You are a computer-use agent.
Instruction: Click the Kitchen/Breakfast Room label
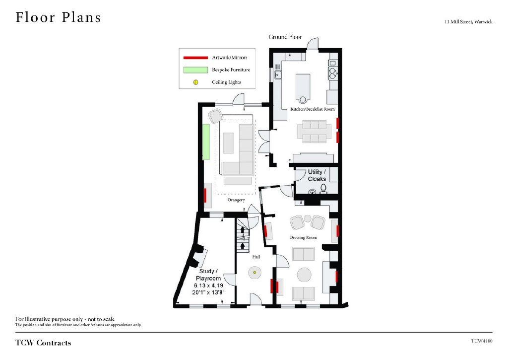(x=313, y=109)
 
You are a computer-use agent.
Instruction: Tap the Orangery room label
(x=236, y=200)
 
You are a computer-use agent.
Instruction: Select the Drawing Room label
(x=303, y=237)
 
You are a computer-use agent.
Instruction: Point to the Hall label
(x=256, y=257)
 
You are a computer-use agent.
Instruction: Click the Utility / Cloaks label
(x=317, y=175)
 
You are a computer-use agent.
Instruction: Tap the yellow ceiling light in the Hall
(x=254, y=273)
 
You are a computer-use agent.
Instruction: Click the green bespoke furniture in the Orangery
(x=206, y=142)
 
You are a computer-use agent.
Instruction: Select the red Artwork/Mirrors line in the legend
(x=195, y=58)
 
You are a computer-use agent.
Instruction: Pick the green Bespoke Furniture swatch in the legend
(x=195, y=70)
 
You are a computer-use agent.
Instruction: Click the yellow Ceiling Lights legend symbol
(x=195, y=82)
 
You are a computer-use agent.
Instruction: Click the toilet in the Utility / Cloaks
(x=323, y=189)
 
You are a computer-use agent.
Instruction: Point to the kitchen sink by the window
(x=278, y=75)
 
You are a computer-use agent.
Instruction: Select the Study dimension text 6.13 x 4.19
(x=208, y=286)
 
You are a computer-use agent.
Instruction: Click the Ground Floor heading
(x=285, y=37)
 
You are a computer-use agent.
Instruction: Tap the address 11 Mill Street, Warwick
(x=468, y=22)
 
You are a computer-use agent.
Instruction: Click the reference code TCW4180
(x=482, y=341)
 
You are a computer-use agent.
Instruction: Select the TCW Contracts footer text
(x=43, y=343)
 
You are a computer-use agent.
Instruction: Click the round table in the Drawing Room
(x=304, y=275)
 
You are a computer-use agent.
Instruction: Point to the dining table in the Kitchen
(x=314, y=132)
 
